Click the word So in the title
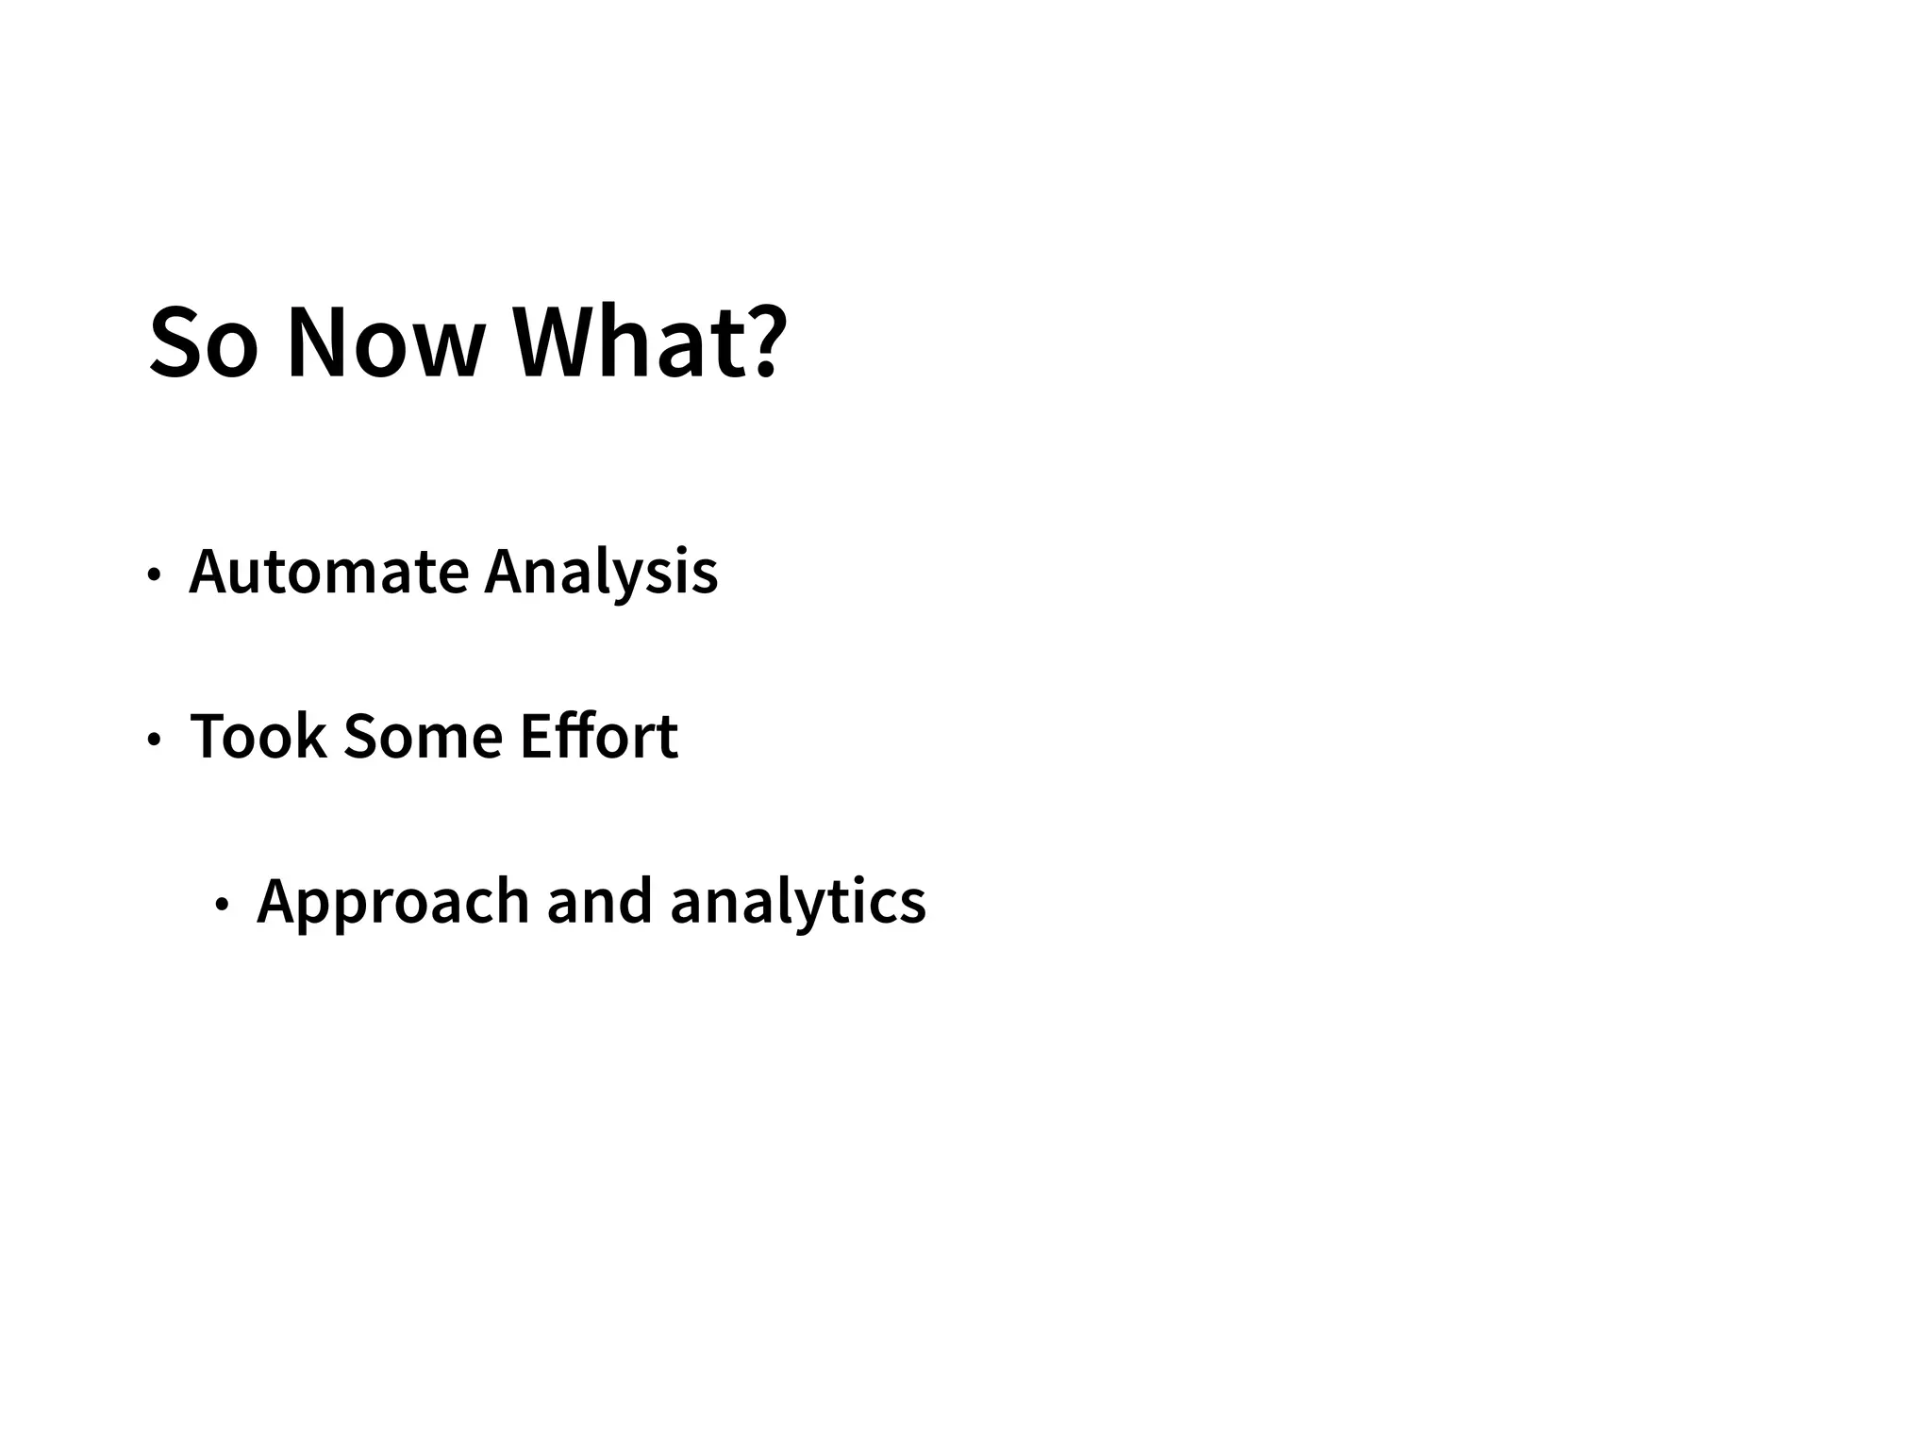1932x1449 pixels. pos(203,344)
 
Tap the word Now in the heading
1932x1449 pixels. pos(386,344)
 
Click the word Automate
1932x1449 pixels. pos(329,572)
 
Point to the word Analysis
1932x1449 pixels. pos(601,574)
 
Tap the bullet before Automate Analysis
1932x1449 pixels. pos(154,575)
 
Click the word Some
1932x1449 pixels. pos(423,736)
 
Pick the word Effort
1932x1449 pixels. pos(599,736)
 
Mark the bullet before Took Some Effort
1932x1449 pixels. pos(154,740)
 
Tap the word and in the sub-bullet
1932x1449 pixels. pos(599,901)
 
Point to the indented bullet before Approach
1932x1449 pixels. pos(222,905)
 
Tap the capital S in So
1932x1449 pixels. pos(178,344)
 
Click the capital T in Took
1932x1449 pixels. pos(209,736)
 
